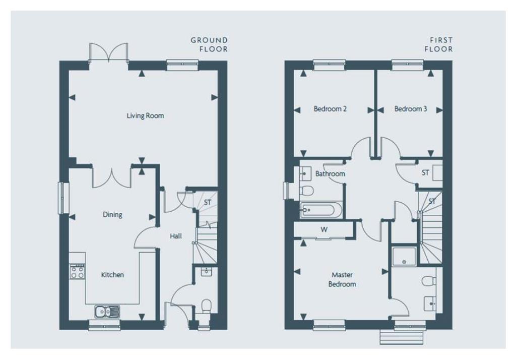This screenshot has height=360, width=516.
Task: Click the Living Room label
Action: pos(145,115)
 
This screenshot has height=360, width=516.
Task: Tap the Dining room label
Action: pos(112,215)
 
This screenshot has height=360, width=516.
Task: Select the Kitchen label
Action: pos(112,275)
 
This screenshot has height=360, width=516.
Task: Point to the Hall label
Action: pos(176,236)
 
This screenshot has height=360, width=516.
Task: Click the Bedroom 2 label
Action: pos(330,109)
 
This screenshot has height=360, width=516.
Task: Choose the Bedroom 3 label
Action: pos(411,109)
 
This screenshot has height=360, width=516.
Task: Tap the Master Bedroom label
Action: pos(342,279)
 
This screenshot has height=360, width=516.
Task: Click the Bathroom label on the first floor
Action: pos(330,173)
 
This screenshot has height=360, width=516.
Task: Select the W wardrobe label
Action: pos(324,229)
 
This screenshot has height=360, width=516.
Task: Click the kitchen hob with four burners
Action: pos(77,272)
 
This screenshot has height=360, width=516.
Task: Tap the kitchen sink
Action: pos(107,311)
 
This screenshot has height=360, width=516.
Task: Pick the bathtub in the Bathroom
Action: pos(321,210)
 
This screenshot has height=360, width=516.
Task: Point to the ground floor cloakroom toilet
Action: pos(206,306)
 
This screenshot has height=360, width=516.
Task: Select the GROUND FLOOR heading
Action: pos(209,45)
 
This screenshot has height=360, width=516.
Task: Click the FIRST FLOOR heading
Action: pos(439,45)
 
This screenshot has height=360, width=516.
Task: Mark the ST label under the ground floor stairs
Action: pos(207,203)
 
